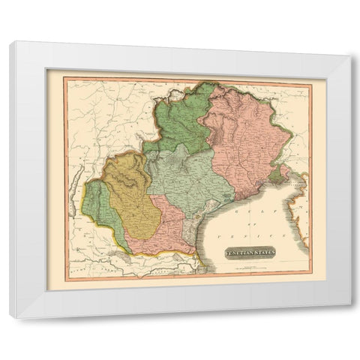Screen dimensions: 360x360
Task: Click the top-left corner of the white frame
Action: tap(10, 43)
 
